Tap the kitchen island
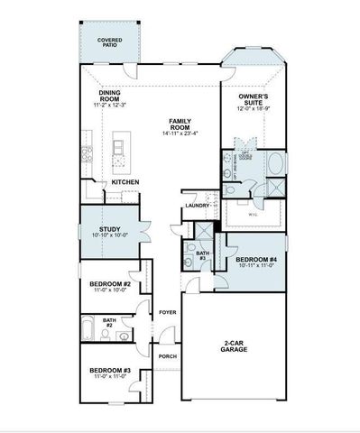tap(119, 154)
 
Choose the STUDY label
tap(109, 231)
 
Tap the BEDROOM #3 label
tap(109, 371)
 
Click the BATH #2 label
tap(108, 322)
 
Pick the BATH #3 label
tap(202, 255)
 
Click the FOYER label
tap(167, 312)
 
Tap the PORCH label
tap(167, 355)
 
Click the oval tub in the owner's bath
tap(274, 166)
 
